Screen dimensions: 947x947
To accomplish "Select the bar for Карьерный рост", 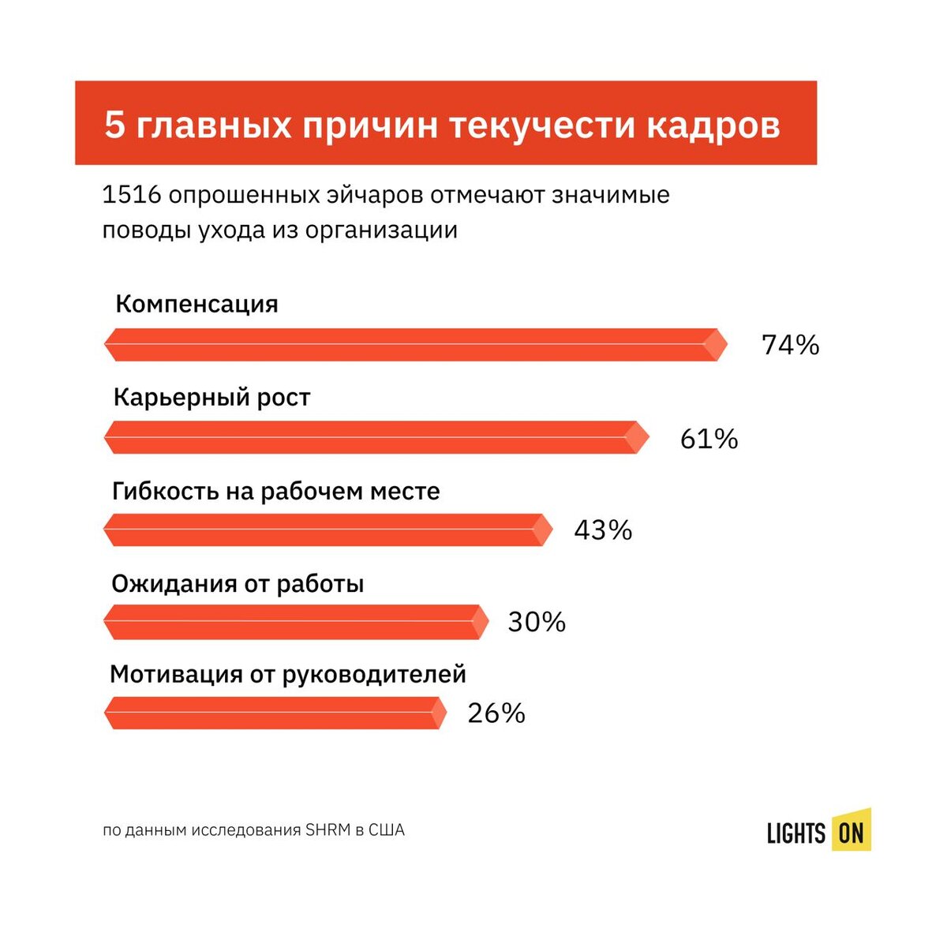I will coord(376,437).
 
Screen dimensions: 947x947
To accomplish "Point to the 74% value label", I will coord(790,345).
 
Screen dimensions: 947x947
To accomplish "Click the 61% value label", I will coord(709,439).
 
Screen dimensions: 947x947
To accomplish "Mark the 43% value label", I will coord(603,530).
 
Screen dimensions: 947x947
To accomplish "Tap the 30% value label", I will coord(537,623).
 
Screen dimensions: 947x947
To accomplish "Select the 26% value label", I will coord(496,713).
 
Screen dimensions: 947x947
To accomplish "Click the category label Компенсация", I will coord(197,305).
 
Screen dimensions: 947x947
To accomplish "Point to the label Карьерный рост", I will coord(211,397).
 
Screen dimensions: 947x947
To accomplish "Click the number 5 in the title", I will coord(115,125).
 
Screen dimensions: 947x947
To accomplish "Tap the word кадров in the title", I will coord(713,125).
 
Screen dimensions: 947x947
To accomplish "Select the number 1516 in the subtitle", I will coord(132,195).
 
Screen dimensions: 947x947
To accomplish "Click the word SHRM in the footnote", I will coord(327,830).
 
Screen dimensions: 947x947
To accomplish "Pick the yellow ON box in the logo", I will coord(851,832).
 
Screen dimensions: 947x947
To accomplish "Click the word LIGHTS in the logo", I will coord(795,833).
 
